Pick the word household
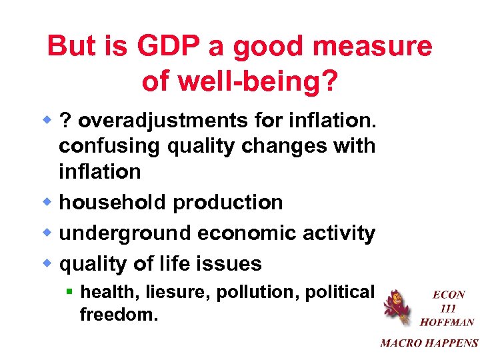113,202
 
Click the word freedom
119,314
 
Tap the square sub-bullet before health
69,291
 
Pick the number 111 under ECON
448,308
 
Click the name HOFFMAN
447,322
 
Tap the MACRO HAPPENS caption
429,343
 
